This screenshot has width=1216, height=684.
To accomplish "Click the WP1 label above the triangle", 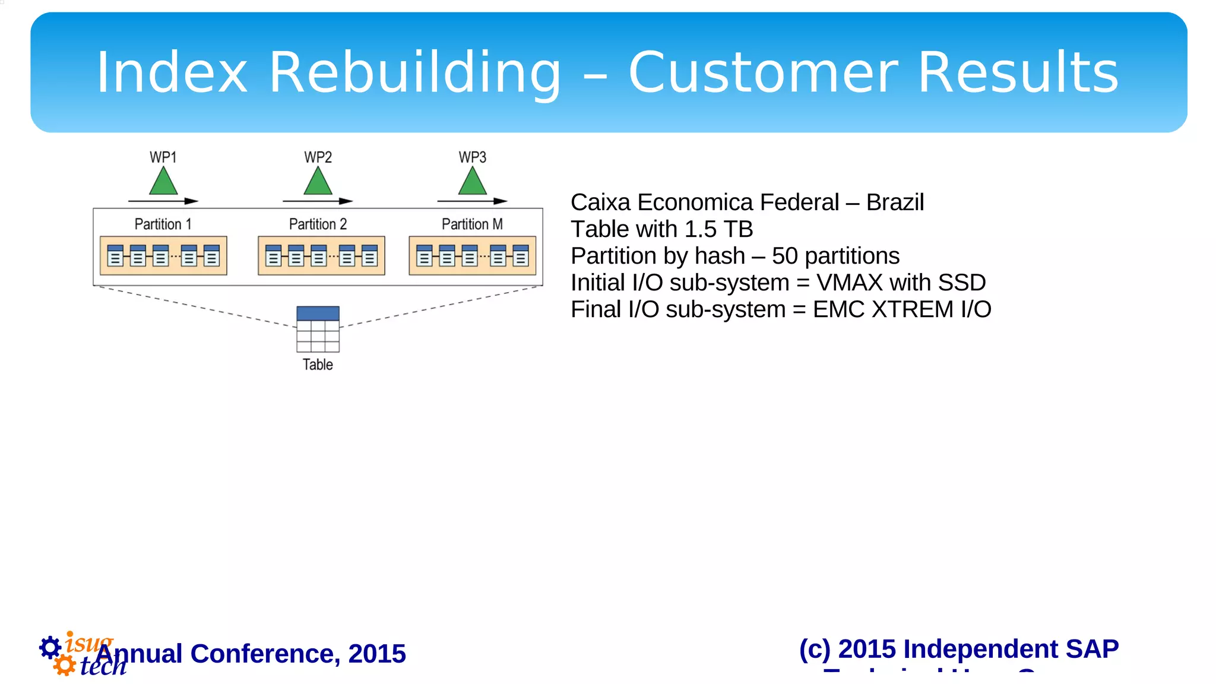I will click(163, 157).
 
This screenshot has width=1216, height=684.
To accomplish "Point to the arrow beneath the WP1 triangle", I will click(163, 201).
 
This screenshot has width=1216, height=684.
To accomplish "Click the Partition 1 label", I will click(163, 224).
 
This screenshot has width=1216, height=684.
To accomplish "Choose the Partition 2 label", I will click(318, 224).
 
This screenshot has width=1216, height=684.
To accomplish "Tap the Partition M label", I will click(472, 224).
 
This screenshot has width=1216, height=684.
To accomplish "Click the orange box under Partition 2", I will click(321, 256).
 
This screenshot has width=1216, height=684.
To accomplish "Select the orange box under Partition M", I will click(473, 256).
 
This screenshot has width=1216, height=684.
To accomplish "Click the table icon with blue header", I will click(318, 329).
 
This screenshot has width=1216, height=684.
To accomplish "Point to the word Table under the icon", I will click(318, 365).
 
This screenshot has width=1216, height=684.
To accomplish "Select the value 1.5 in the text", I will click(701, 229).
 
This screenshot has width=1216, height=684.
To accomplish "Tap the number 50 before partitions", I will click(784, 256).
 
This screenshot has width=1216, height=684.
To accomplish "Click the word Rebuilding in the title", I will click(414, 73).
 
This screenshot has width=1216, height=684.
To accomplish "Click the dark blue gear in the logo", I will click(50, 647).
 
